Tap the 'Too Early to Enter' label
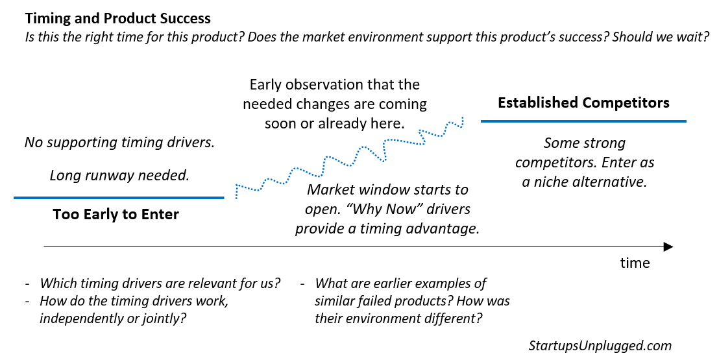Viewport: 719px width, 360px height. click(x=116, y=215)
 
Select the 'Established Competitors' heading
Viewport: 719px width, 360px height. click(x=583, y=102)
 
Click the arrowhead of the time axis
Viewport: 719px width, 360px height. click(x=668, y=247)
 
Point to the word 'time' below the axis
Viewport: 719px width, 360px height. click(x=634, y=263)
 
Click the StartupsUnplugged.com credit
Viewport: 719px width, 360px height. click(x=600, y=345)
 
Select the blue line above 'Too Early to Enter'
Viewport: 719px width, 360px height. click(x=118, y=197)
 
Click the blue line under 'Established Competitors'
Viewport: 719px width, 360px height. click(x=583, y=121)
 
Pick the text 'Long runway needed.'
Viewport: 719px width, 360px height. click(x=119, y=175)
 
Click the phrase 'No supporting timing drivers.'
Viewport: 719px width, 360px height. click(x=119, y=142)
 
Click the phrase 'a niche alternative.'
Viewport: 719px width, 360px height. click(x=585, y=182)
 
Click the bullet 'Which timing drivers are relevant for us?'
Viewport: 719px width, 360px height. click(x=160, y=283)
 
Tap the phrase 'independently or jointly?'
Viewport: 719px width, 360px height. click(x=109, y=318)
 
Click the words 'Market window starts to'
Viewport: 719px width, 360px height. click(x=387, y=191)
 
